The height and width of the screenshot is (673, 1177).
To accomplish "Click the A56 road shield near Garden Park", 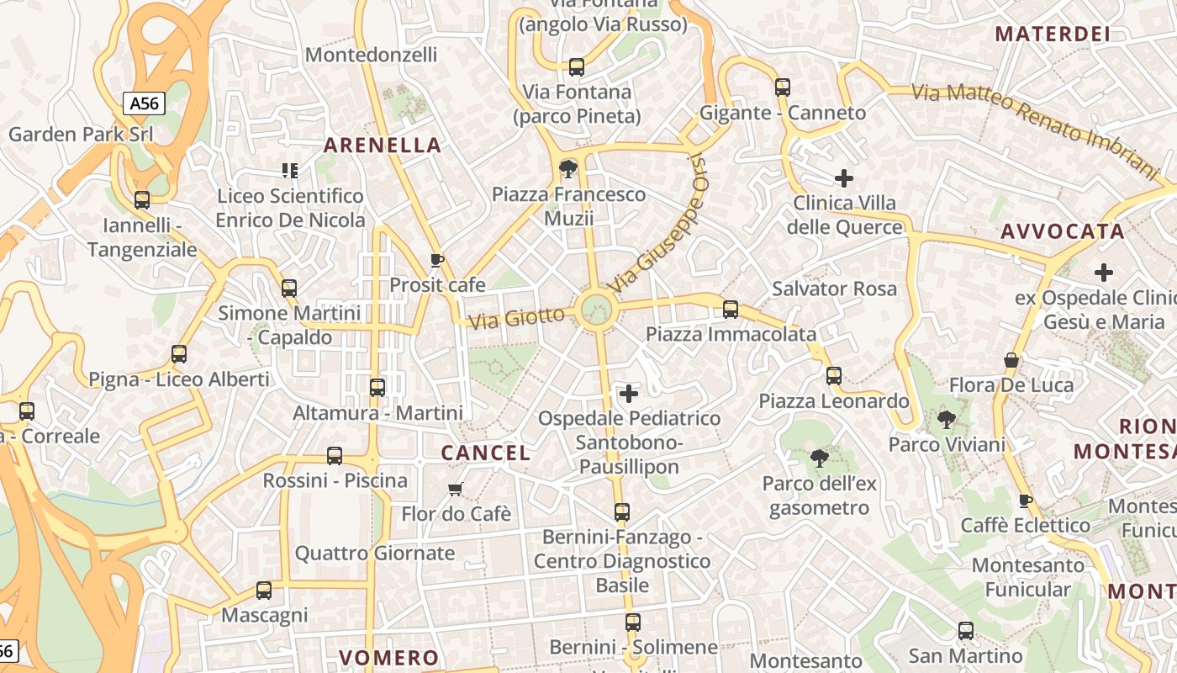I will pos(144,103).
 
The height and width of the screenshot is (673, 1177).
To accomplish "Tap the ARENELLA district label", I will pos(383,146).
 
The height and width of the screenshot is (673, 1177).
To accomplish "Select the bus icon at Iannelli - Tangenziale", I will pos(142,200).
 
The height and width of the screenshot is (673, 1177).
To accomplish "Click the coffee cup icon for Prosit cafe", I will pos(436,260).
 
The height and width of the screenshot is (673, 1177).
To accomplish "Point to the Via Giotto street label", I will pos(516,318).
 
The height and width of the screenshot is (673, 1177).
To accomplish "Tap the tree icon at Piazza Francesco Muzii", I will pos(568,169).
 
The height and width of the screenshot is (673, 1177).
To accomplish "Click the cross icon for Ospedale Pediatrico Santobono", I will pos(628,393).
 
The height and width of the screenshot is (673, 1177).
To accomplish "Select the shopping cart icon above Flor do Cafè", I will pos(456,489).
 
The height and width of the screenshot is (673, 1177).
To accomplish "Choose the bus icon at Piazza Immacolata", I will pos(731,310).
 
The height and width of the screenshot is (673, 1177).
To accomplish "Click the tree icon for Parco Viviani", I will pos(947,419).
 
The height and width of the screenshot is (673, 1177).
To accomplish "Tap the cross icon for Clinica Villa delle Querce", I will pos(844,178).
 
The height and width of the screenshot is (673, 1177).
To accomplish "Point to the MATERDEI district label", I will pos(1052,34).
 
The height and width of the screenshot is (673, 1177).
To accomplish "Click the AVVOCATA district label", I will pos(1062,231).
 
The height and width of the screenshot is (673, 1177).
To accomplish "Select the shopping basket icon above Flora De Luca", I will pos(1011,360).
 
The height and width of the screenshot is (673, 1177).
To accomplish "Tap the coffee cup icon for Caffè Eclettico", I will pos(1025,501).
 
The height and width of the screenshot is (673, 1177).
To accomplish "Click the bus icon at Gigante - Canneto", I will pos(783,87).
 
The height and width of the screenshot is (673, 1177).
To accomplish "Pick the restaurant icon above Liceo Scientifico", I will pos(290,171).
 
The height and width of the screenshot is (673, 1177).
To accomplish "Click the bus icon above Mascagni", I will pos(264,590).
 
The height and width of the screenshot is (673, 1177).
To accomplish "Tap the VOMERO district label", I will pos(388,657).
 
